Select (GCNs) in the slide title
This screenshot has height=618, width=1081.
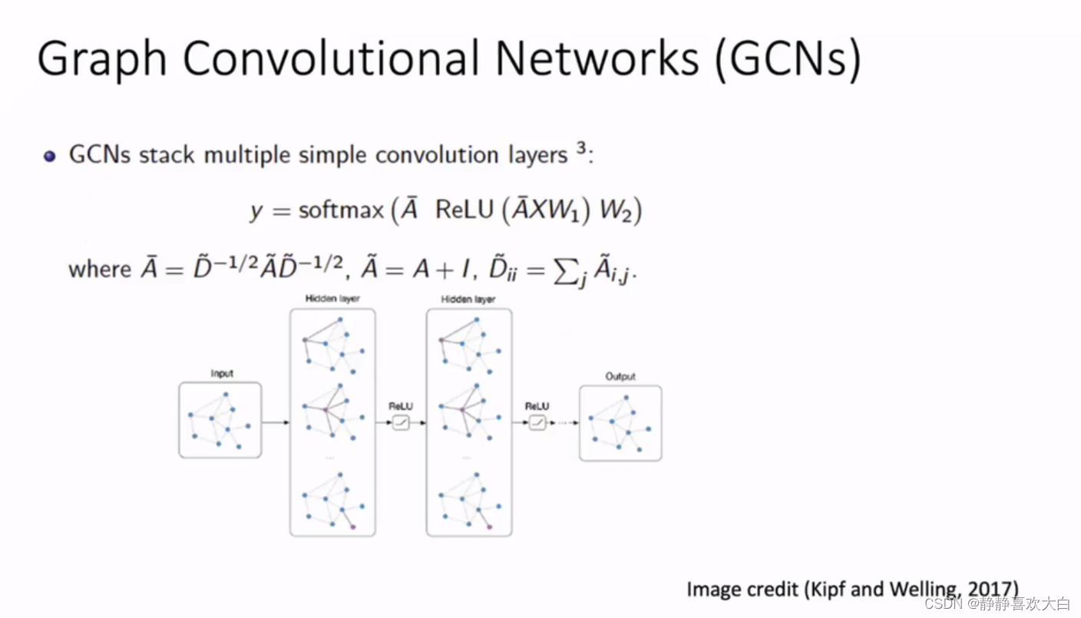pos(787,60)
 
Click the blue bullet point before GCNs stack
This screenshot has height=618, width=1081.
pos(50,157)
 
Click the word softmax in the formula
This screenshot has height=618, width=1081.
pos(341,210)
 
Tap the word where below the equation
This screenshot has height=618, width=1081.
pos(100,269)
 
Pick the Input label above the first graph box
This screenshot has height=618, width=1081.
pos(221,374)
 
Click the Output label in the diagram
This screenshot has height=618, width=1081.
pos(620,377)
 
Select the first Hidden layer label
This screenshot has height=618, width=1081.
pos(332,299)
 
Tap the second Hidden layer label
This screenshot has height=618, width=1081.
pos(468,299)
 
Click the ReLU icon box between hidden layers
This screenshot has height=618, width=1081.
pos(401,422)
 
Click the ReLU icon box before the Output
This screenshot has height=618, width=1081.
pos(537,422)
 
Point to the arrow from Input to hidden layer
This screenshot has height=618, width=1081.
pos(276,421)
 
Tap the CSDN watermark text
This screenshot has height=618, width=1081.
pos(941,604)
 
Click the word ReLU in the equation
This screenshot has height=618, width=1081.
pos(464,210)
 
